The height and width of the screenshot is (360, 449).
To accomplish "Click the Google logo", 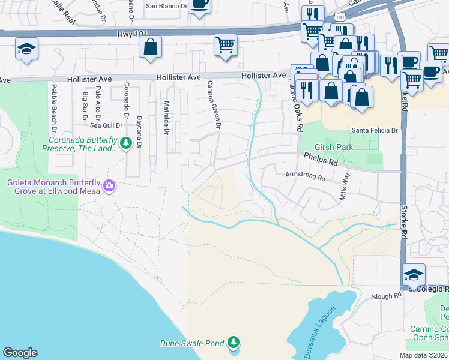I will tap(20, 353).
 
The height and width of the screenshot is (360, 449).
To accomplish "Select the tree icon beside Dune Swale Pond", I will tap(234, 343).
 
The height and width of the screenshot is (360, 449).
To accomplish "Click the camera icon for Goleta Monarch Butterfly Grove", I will tap(109, 185).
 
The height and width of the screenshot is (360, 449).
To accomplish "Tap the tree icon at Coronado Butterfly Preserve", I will tap(125, 143).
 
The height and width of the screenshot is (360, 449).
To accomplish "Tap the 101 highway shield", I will tap(340, 18).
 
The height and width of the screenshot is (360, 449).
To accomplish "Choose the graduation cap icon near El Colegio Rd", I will tap(414, 275).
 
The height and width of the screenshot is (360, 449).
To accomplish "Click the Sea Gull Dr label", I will tap(106, 125).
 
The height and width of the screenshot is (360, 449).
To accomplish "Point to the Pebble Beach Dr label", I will tap(53, 109).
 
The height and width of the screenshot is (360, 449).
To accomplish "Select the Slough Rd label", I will tap(386, 296).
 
